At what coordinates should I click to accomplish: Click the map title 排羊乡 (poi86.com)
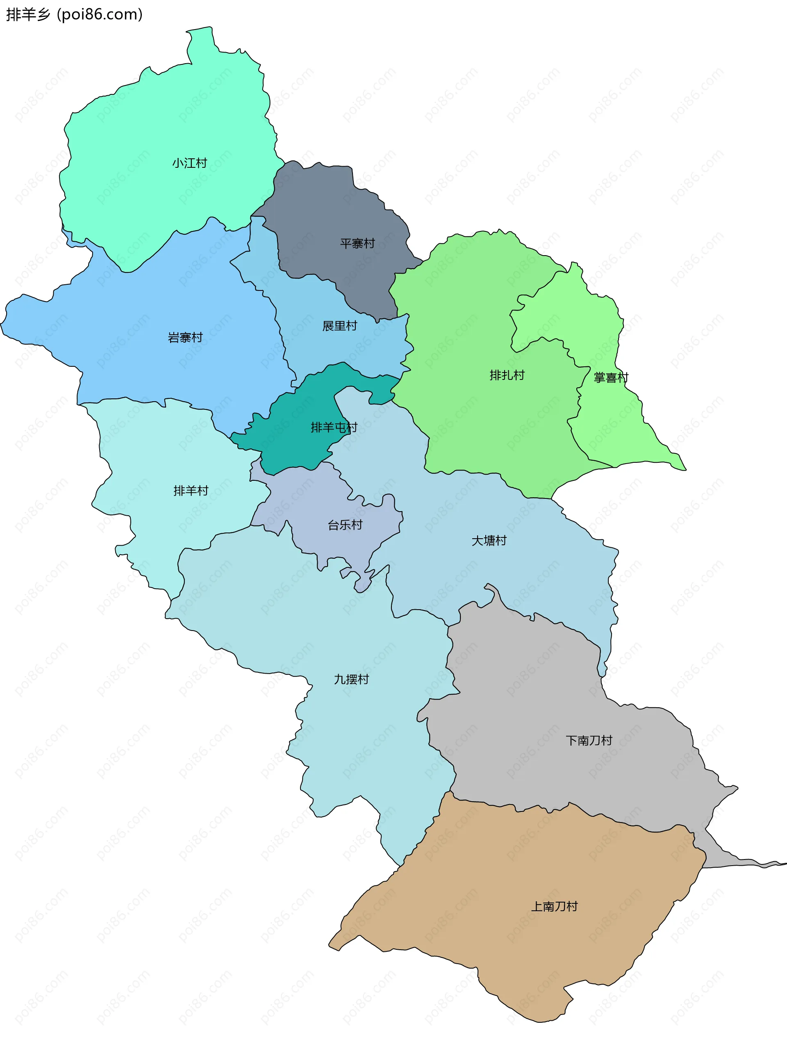click(x=74, y=15)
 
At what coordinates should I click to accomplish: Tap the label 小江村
click(x=189, y=163)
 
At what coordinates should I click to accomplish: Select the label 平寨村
click(x=357, y=243)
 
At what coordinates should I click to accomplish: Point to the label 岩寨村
click(x=185, y=337)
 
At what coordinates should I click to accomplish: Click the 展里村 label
click(x=340, y=326)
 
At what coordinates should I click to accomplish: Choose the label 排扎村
click(x=507, y=375)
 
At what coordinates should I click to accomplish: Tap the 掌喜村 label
click(x=611, y=377)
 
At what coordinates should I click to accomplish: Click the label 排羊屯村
click(x=334, y=427)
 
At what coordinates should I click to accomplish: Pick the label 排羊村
click(x=191, y=490)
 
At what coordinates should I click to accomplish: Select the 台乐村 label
click(x=345, y=525)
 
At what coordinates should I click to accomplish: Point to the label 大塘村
click(x=489, y=541)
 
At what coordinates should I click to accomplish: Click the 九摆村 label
click(x=351, y=679)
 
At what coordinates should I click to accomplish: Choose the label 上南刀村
click(x=554, y=906)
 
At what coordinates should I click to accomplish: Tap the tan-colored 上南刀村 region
click(x=521, y=948)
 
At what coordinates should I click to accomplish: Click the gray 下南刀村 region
click(x=545, y=688)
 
